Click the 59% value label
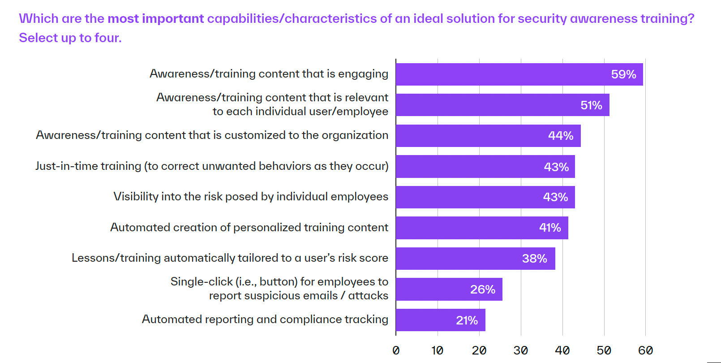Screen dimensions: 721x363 click(623, 74)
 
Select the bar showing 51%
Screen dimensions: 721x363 click(502, 105)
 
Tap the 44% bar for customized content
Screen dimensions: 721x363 click(488, 136)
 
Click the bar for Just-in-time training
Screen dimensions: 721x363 click(485, 167)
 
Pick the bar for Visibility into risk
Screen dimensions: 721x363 click(485, 197)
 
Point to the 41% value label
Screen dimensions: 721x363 click(550, 228)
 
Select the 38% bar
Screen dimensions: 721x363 click(476, 259)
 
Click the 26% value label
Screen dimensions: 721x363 click(482, 289)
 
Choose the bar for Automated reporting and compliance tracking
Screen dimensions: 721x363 click(441, 320)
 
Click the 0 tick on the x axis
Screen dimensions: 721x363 click(396, 350)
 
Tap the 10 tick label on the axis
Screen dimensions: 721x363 click(438, 350)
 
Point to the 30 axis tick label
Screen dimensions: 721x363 click(521, 350)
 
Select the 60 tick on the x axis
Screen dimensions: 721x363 click(646, 350)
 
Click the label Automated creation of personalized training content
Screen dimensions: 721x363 click(249, 227)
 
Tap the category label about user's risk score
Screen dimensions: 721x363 click(230, 258)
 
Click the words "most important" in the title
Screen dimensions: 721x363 click(156, 19)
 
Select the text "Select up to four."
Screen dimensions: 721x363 click(70, 38)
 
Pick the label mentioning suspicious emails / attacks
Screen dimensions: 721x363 click(279, 289)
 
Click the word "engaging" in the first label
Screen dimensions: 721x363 click(363, 74)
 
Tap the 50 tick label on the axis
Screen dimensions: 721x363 click(604, 350)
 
